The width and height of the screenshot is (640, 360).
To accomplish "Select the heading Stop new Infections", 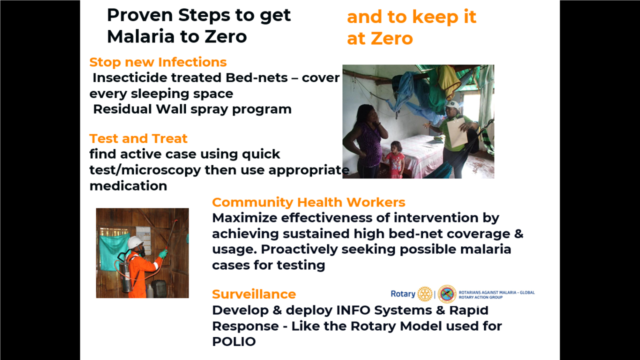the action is point(158,62).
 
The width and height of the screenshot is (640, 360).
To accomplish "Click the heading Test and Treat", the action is point(138,138).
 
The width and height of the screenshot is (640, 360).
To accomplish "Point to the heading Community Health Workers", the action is point(308,202).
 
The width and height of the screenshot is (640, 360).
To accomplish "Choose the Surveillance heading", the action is point(254,294).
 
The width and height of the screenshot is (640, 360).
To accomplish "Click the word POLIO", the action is point(233,341).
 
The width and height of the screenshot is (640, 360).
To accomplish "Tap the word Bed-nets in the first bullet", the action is point(256,77).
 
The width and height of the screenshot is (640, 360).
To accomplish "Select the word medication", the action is point(128,186).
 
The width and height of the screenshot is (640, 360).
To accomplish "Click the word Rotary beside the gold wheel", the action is point(403,293).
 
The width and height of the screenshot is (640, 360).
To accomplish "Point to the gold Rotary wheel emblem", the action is point(425,294).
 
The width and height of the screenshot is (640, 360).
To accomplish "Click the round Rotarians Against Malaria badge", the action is point(447,294).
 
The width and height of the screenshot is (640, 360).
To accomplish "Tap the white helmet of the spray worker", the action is point(135,242).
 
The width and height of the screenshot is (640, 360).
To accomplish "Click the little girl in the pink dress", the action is point(395,159).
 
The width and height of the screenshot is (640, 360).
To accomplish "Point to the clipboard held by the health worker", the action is point(457,132).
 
